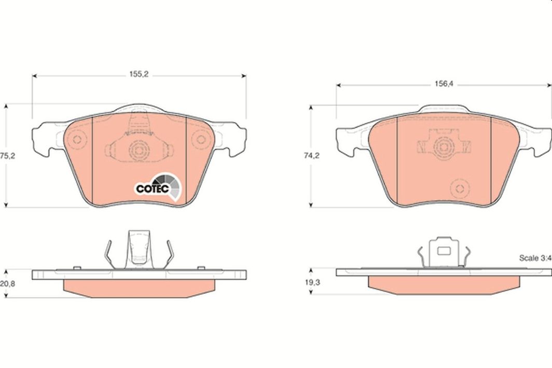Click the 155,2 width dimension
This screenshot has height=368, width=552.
click(139, 74)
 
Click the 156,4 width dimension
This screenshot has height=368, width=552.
click(444, 84)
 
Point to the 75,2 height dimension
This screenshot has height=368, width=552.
click(7, 156)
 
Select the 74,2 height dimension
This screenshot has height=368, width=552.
click(312, 155)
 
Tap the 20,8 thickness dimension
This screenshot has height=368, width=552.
click(7, 283)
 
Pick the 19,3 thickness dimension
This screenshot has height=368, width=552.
click(312, 282)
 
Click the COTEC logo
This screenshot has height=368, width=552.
click(158, 187)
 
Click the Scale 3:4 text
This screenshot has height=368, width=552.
click(535, 258)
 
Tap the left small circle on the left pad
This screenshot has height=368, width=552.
click(77, 140)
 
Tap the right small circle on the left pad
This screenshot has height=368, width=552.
click(201, 140)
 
